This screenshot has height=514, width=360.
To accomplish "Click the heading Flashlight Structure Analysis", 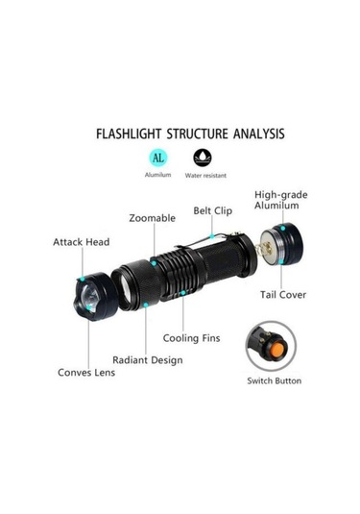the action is [190, 134].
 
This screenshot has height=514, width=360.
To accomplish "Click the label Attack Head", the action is [81, 242].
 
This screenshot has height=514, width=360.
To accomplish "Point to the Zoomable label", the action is [152, 218].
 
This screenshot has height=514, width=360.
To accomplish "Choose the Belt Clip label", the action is [214, 208].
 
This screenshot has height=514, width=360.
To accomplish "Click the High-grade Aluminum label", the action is [281, 200].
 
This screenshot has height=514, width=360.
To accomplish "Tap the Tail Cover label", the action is [283, 294].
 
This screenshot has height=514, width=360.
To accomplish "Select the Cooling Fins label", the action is [191, 338].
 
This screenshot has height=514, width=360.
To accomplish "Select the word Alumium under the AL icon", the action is [158, 175].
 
